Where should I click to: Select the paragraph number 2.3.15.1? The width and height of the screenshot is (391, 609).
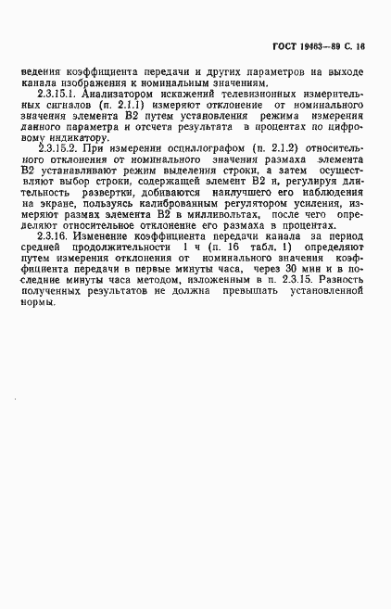click(x=58, y=95)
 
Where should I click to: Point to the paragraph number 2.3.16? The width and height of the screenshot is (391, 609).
click(x=55, y=236)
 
